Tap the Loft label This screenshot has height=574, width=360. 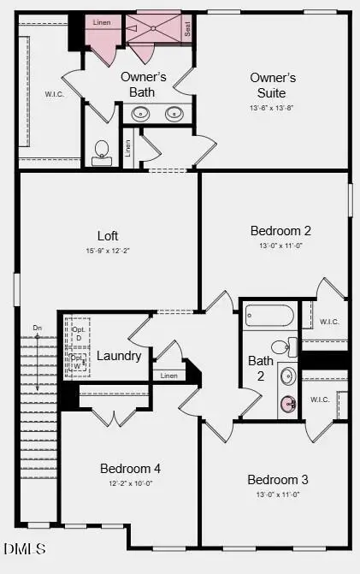pyautogui.click(x=108, y=235)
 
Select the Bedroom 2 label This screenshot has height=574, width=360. pyautogui.click(x=280, y=230)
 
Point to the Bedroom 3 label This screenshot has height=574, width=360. pyautogui.click(x=277, y=479)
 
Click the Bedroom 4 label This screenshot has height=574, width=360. pyautogui.click(x=130, y=469)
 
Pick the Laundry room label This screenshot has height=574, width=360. pyautogui.click(x=119, y=356)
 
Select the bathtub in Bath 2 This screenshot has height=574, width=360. pyautogui.click(x=269, y=317)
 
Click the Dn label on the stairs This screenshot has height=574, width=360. pyautogui.click(x=37, y=328)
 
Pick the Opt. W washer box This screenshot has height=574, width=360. pyautogui.click(x=79, y=363)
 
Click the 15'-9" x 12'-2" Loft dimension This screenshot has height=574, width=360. pyautogui.click(x=107, y=251)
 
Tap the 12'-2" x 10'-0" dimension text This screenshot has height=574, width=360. pyautogui.click(x=130, y=484)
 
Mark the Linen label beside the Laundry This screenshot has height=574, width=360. pyautogui.click(x=168, y=376)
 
